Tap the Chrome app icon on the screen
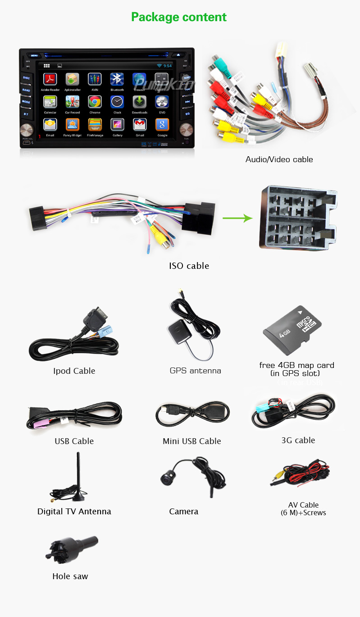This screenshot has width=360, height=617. pos(95,102)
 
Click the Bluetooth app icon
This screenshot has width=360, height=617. pos(117,79)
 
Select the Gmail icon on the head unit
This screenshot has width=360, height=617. pos(140,124)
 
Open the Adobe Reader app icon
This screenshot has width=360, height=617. pos(50,79)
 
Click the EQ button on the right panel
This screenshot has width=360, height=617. pos(187,113)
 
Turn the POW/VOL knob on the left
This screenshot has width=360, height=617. pos(27,131)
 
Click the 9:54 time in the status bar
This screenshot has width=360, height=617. pos(167,66)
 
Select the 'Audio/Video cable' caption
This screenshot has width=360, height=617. pos(279,159)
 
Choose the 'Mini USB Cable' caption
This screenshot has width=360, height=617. pos(191,441)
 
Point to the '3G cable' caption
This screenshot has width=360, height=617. pos(298,440)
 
